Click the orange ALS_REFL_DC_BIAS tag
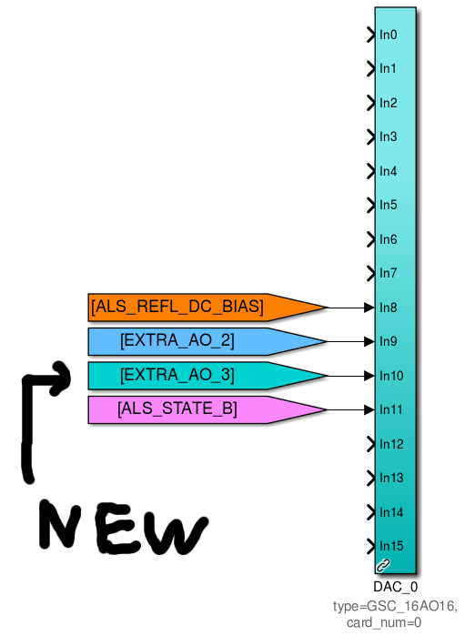(x=207, y=308)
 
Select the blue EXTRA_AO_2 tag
(x=207, y=341)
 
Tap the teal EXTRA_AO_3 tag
(x=207, y=376)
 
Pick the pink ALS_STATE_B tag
(x=207, y=409)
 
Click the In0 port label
(x=389, y=35)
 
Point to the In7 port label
(x=389, y=273)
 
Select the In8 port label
(x=389, y=308)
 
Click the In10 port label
(x=391, y=376)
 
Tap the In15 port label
(x=391, y=546)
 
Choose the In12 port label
(x=391, y=444)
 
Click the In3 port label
(x=389, y=137)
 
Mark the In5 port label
(x=389, y=206)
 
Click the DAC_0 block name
(x=396, y=587)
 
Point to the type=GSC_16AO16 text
(x=395, y=606)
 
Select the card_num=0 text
(x=384, y=622)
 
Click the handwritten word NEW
(x=124, y=528)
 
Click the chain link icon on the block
(x=383, y=565)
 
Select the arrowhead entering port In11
(x=369, y=410)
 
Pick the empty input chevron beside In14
(x=370, y=512)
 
